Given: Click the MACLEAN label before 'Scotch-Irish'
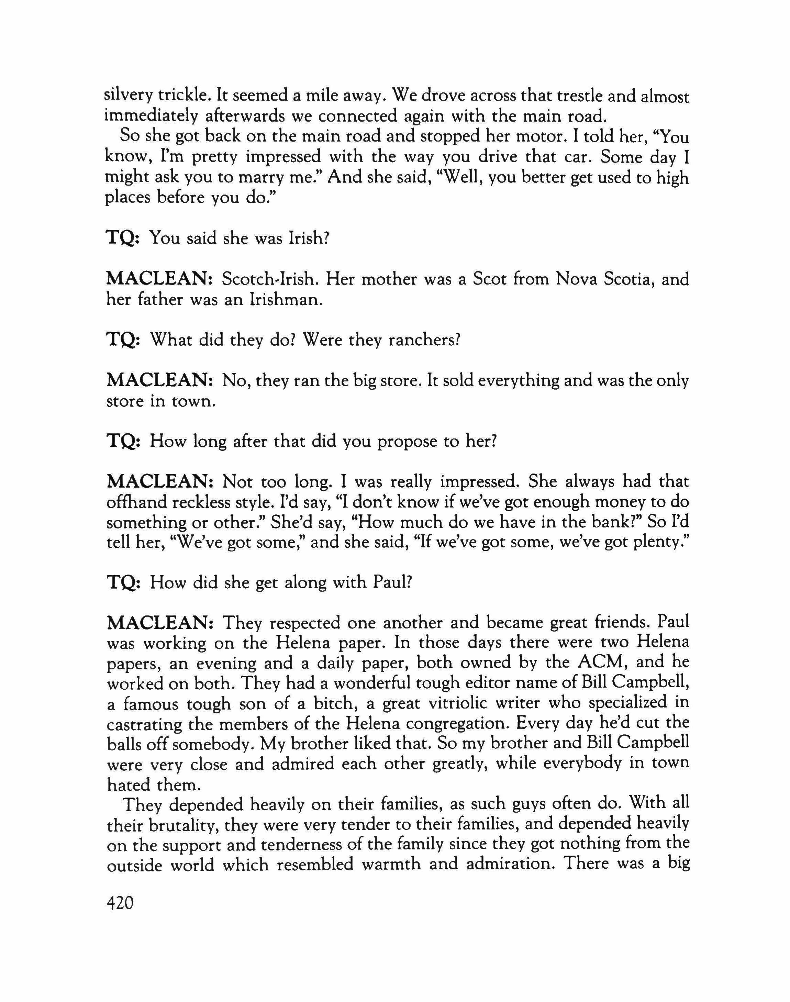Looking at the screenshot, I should coord(159,279).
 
